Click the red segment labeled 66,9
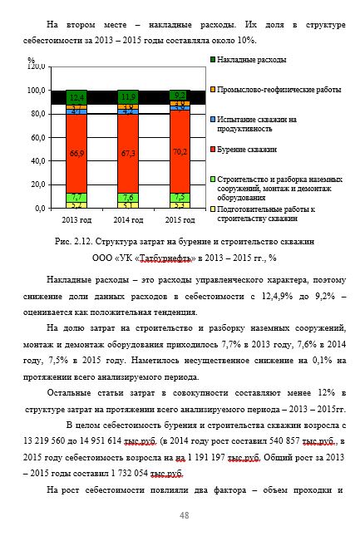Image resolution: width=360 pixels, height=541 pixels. [x=77, y=154]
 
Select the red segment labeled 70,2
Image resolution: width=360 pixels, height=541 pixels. [x=179, y=152]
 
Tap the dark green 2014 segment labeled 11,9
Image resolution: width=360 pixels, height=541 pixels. [x=128, y=96]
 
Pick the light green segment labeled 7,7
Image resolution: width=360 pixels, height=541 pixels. [x=77, y=197]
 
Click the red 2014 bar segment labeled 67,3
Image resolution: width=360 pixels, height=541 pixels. [x=128, y=154]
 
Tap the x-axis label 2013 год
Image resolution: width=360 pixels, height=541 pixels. [x=76, y=219]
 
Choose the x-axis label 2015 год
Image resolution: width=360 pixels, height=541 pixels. [x=179, y=219]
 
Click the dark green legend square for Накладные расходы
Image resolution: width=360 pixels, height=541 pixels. [x=213, y=60]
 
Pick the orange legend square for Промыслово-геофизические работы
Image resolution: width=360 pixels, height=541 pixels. [x=213, y=89]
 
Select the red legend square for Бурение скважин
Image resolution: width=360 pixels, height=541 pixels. [x=213, y=149]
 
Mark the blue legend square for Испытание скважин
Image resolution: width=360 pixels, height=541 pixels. [x=213, y=120]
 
